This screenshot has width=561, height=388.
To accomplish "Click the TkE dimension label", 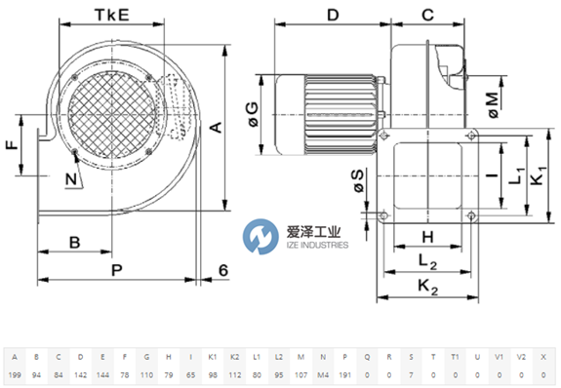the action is [x=111, y=15].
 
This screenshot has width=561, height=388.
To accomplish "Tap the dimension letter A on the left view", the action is [x=217, y=128].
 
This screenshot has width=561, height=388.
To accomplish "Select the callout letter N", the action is [x=71, y=179].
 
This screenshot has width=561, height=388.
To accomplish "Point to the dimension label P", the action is [x=117, y=270].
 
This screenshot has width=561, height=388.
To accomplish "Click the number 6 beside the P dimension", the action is [x=223, y=270].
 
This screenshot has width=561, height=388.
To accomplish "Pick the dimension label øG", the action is [x=253, y=114].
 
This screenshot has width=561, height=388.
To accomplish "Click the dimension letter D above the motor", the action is [x=333, y=15].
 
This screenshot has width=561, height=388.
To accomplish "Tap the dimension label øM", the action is [x=494, y=104].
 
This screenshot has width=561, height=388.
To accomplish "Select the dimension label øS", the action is [x=358, y=180].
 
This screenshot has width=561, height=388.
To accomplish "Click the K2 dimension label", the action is [x=428, y=288].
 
